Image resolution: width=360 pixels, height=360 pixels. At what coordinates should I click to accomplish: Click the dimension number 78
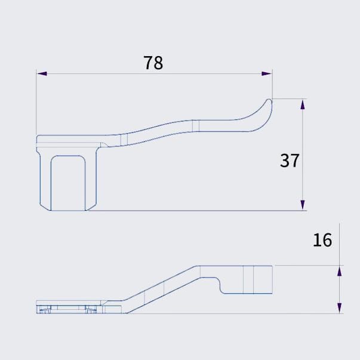pos(153,63)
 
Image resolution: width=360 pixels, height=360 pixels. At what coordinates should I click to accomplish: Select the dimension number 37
pos(290,161)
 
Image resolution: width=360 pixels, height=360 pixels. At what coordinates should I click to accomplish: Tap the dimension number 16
pos(322,240)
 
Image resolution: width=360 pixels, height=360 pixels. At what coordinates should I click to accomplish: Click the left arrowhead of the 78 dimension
pos(42,73)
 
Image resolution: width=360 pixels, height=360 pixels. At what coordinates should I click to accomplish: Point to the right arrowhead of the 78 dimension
pos(267,73)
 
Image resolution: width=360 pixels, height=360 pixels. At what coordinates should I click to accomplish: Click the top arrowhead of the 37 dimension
pos(303,104)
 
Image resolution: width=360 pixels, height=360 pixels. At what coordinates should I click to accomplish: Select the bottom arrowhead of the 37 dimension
pos(303,205)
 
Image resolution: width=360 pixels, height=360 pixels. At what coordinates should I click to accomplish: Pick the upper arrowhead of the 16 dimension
pos(339,271)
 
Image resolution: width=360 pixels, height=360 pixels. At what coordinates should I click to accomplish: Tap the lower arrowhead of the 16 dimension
pos(339,308)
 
